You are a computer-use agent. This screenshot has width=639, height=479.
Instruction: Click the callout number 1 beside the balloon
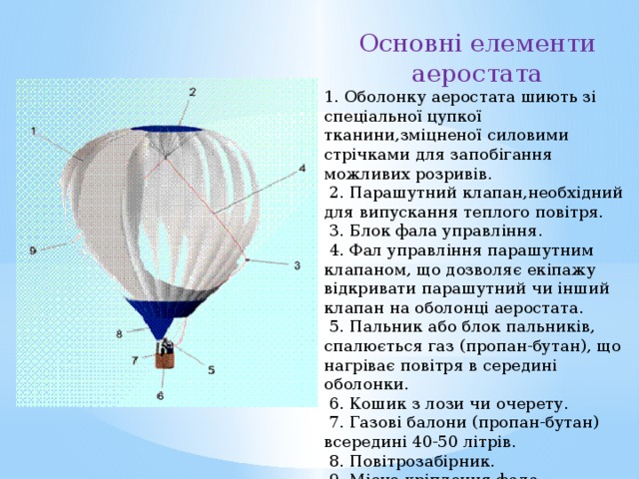pos(35,131)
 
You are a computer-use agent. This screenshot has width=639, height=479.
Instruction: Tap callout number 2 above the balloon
pos(192,92)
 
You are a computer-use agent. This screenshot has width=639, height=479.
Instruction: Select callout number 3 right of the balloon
pos(298,264)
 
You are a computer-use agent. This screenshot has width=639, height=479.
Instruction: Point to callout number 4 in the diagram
pos(303,168)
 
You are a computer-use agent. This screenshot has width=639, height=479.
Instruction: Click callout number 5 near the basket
pos(211,369)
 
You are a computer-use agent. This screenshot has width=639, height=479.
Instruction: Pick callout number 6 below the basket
pos(160,395)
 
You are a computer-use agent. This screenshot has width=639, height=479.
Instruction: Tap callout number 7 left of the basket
pos(134,359)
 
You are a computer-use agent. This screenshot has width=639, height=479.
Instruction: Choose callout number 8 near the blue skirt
pos(119,333)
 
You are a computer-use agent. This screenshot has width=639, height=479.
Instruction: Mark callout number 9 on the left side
pos(33,249)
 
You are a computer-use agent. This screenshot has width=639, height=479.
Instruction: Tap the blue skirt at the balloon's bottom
pos(161,314)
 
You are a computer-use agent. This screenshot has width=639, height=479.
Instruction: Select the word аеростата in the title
pos(477,74)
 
